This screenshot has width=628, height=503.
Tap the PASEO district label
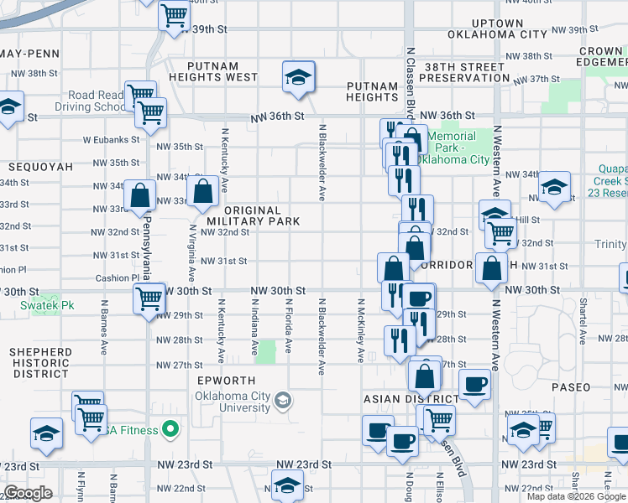(x=572, y=388)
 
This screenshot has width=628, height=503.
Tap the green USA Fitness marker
(x=170, y=431)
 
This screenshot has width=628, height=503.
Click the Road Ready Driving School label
(x=88, y=101)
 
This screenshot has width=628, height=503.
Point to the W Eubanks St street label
(x=111, y=140)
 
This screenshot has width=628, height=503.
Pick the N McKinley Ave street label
(x=361, y=330)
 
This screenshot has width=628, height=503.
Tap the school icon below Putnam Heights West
(x=297, y=77)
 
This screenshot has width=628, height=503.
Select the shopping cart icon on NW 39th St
(x=174, y=14)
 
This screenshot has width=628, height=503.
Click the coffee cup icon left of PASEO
(x=475, y=384)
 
